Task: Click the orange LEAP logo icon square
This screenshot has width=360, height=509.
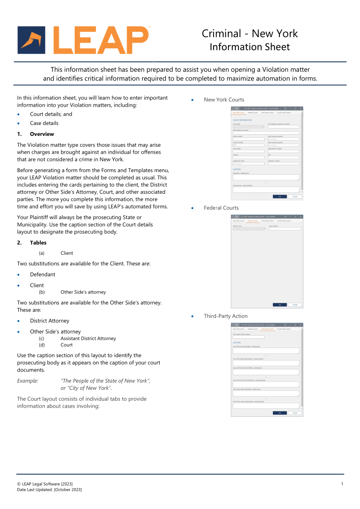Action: click(x=31, y=40)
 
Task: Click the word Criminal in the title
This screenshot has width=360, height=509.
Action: click(x=221, y=34)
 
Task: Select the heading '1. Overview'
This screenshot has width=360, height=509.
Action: click(x=42, y=134)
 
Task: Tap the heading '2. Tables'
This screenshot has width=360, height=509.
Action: click(x=38, y=243)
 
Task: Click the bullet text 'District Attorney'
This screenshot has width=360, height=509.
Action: click(x=50, y=321)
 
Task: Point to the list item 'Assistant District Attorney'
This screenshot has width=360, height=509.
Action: click(x=88, y=338)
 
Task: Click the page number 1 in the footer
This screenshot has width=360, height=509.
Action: click(x=342, y=484)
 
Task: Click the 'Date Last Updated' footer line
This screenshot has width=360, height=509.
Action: click(x=49, y=490)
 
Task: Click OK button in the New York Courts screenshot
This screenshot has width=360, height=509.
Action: click(x=279, y=196)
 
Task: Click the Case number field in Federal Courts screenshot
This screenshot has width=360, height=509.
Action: click(x=285, y=229)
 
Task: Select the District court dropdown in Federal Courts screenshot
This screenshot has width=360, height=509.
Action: click(x=248, y=229)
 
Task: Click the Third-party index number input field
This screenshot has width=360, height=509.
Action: click(x=248, y=337)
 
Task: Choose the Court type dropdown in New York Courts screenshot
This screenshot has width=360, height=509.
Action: click(x=248, y=127)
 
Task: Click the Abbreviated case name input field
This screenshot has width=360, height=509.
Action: click(x=266, y=132)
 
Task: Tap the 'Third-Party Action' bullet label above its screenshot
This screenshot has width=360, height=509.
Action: click(x=225, y=316)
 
